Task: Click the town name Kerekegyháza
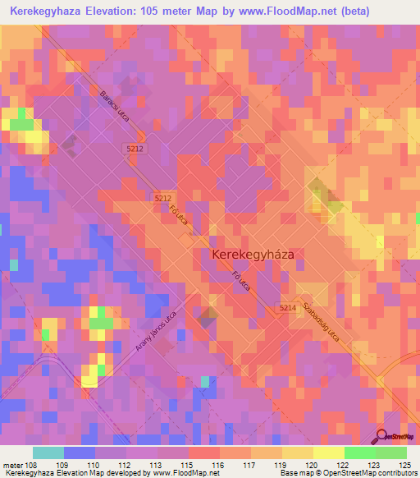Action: [x=253, y=255]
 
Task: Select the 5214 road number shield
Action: [x=285, y=307]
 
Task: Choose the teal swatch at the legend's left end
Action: [x=48, y=453]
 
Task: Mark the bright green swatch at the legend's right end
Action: [x=391, y=453]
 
